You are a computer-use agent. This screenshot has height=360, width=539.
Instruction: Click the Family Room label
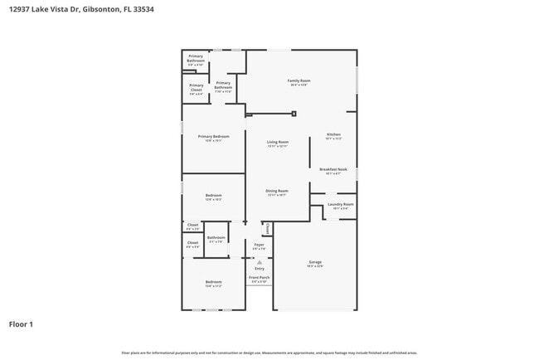(299, 80)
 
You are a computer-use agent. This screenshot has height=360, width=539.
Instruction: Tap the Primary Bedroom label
(213, 136)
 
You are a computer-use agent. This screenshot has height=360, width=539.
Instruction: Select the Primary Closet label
(196, 85)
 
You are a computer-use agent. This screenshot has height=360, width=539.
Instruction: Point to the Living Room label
(277, 142)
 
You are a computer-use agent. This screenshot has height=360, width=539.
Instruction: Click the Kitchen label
(333, 134)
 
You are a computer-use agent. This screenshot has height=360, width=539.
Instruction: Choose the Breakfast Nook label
(333, 169)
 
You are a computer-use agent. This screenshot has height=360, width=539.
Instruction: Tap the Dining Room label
(276, 191)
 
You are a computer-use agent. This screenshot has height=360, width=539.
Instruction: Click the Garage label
(315, 262)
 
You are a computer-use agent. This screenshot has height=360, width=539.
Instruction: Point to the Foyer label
(259, 245)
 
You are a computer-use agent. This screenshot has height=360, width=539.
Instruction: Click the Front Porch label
(260, 277)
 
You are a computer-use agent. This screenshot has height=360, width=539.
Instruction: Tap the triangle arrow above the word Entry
(260, 261)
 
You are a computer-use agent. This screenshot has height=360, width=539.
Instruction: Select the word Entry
(260, 268)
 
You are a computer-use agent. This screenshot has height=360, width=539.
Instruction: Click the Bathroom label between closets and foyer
(216, 238)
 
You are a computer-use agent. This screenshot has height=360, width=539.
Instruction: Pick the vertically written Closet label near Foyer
(268, 228)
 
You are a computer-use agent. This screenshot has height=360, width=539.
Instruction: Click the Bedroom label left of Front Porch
(213, 282)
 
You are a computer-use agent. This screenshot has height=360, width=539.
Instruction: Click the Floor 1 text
(21, 324)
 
